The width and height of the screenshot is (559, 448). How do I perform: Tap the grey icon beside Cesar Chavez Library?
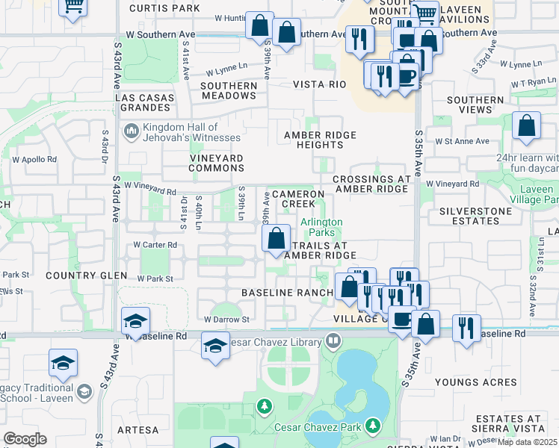point(333,343)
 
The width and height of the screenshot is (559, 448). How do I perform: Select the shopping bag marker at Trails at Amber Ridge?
point(277,239)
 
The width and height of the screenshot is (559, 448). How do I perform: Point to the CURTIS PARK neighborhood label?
point(164,8)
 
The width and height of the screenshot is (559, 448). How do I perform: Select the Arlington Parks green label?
point(321,227)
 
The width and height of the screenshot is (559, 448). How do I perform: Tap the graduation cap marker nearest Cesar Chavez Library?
point(214,346)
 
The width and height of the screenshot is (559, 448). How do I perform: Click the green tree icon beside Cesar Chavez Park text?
point(371,426)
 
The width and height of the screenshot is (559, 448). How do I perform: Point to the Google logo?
point(25,439)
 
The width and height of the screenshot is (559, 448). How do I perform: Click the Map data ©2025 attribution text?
point(526,442)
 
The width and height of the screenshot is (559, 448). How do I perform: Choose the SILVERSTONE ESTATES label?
point(474,217)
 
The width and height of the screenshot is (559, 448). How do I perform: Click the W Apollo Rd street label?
point(34,160)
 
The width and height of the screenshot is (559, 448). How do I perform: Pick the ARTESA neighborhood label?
point(138,430)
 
